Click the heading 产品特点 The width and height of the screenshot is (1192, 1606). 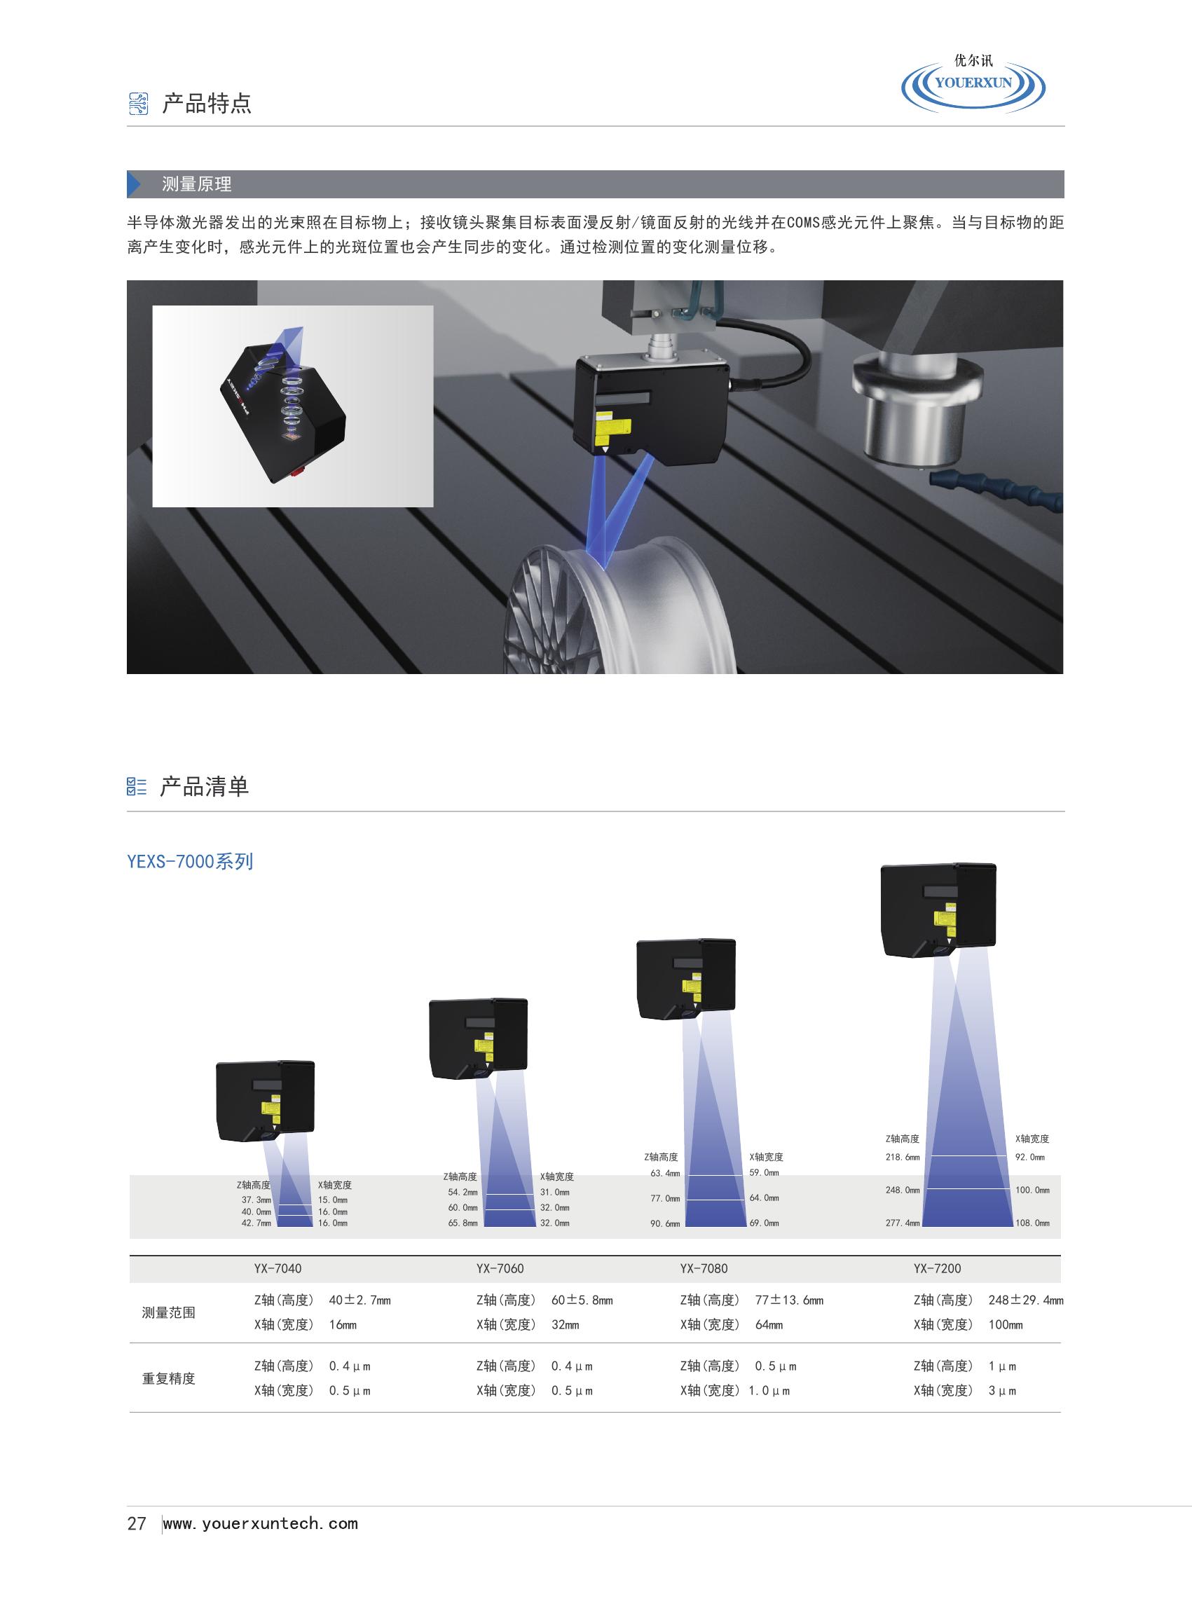pos(206,104)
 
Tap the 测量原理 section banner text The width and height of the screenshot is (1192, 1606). pos(196,184)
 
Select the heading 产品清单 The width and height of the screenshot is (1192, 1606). pos(204,785)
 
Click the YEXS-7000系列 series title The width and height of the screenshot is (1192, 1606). pos(190,861)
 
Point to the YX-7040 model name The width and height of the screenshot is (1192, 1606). pos(278,1268)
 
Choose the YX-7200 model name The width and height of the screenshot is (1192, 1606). pos(938,1268)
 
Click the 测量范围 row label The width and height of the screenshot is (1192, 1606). pos(169,1312)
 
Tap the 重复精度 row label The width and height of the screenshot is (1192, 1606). pos(169,1378)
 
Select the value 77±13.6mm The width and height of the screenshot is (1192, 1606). pos(788,1300)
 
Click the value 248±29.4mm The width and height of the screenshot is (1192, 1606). pos(1025,1300)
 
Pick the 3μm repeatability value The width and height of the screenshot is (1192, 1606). pos(1002,1390)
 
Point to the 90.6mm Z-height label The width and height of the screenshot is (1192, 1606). pos(665,1223)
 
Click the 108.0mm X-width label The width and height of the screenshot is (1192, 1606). pos(1032,1223)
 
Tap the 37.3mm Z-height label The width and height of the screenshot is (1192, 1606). pos(257,1200)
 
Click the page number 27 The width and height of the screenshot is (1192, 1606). pos(137,1523)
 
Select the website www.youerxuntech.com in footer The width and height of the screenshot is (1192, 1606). pos(261,1523)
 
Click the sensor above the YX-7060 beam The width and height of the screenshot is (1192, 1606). pos(479,1038)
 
